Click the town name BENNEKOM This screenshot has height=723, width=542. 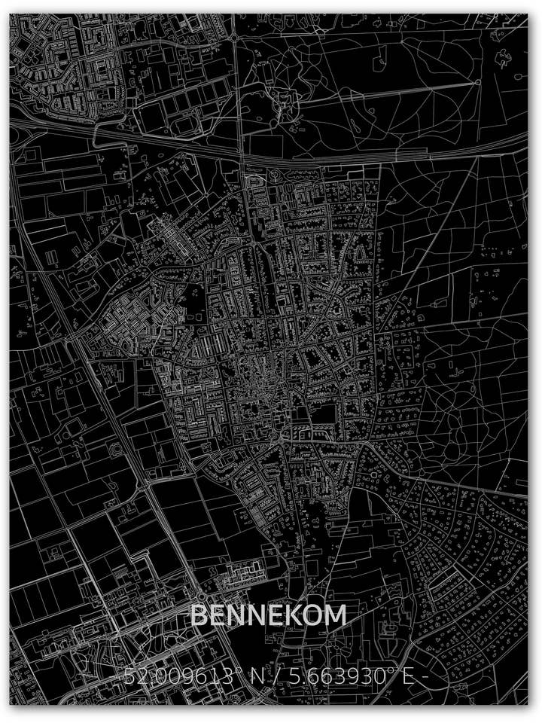pyautogui.click(x=268, y=615)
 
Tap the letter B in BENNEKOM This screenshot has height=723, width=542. pyautogui.click(x=199, y=615)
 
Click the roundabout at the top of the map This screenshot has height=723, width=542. pyautogui.click(x=235, y=35)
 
